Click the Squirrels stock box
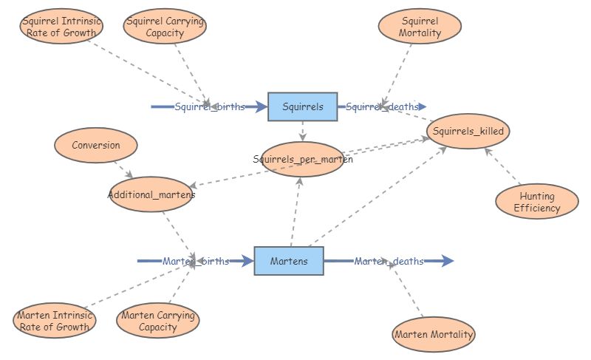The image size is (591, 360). [x=302, y=106]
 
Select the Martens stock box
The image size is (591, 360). [x=289, y=261]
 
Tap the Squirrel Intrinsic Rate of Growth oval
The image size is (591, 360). [x=61, y=27]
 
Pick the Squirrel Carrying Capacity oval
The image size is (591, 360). [x=165, y=27]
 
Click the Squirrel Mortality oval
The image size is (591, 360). [x=420, y=27]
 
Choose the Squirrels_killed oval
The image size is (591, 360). [x=468, y=132]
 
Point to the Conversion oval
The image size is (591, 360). [x=95, y=145]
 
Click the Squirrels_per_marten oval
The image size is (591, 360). [x=302, y=159]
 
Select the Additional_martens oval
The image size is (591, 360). [x=151, y=194]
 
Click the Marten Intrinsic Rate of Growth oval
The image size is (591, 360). [x=54, y=321]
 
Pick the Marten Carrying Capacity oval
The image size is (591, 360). [x=157, y=321]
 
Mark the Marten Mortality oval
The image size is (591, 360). [x=434, y=334]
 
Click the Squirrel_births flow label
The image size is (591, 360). [x=210, y=106]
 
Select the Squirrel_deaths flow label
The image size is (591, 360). [x=382, y=106]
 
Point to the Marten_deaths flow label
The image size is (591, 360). [x=389, y=261]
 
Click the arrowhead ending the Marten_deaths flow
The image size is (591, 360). [x=448, y=261]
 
